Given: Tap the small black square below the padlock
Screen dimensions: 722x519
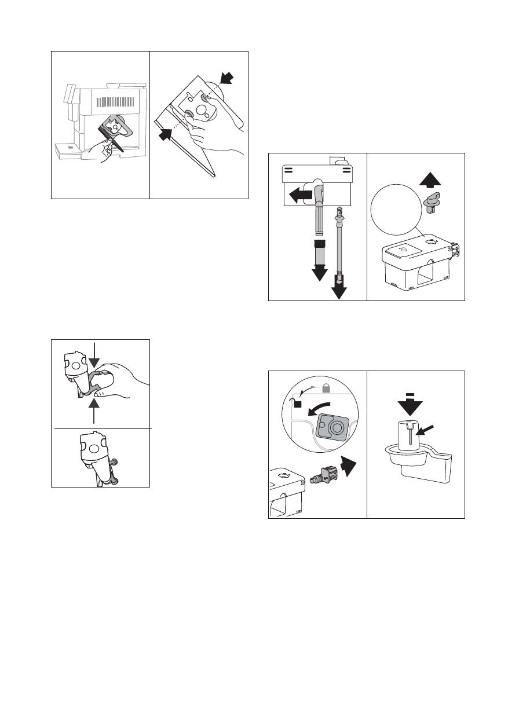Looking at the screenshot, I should pyautogui.click(x=298, y=404).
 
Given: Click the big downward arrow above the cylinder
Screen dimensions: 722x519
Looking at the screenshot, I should pyautogui.click(x=411, y=408).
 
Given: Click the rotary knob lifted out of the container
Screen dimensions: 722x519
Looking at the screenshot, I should pyautogui.click(x=432, y=203).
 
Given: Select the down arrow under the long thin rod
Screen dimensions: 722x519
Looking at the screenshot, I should pyautogui.click(x=338, y=287).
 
